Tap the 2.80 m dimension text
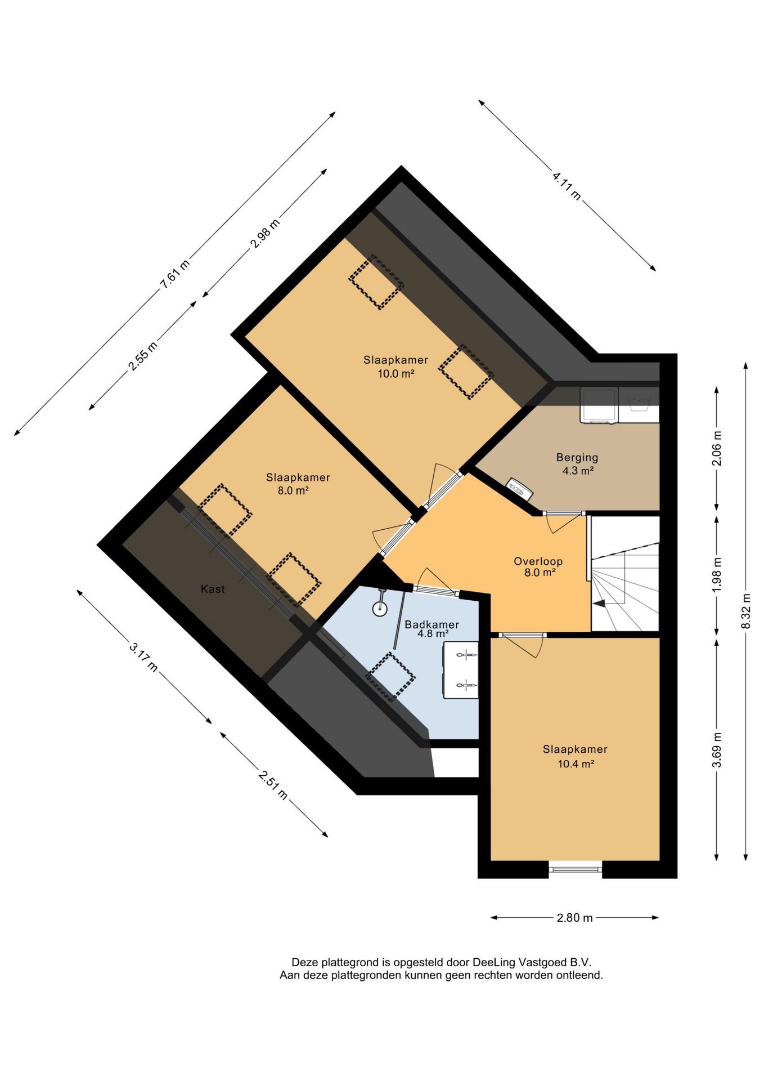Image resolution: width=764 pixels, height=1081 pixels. click(574, 918)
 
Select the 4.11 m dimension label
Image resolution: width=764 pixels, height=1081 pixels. click(567, 186)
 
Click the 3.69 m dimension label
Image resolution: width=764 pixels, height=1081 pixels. click(717, 749)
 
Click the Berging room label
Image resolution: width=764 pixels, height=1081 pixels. click(577, 458)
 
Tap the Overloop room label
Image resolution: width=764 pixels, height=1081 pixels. click(538, 561)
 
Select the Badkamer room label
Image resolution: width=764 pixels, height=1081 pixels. click(432, 624)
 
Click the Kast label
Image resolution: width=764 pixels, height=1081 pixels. click(213, 589)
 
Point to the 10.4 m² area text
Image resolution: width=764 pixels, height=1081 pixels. click(575, 764)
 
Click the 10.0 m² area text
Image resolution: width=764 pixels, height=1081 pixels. click(396, 373)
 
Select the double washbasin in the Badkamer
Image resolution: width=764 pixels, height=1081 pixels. click(461, 670)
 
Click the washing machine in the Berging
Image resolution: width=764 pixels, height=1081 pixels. click(599, 405)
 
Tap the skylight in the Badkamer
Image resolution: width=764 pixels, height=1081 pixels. click(390, 677)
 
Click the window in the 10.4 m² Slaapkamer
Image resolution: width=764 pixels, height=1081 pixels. click(576, 869)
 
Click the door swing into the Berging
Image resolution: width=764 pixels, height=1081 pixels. click(563, 522)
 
